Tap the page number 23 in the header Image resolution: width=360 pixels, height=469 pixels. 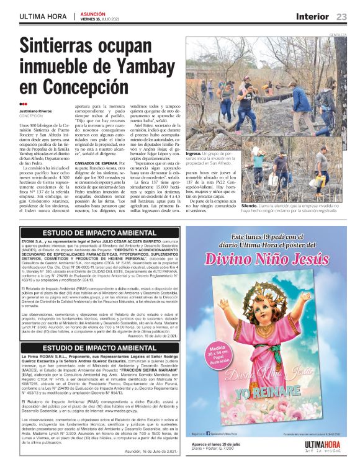341,16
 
